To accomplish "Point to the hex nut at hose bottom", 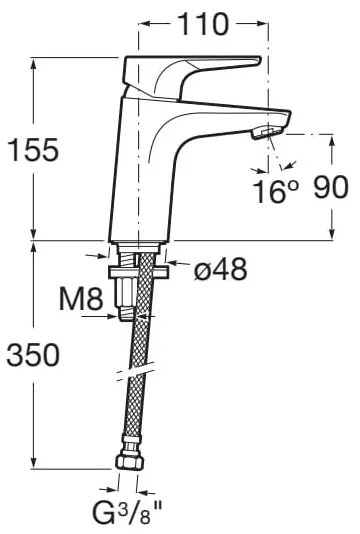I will (129, 462).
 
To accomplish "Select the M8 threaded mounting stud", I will (126, 295).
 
